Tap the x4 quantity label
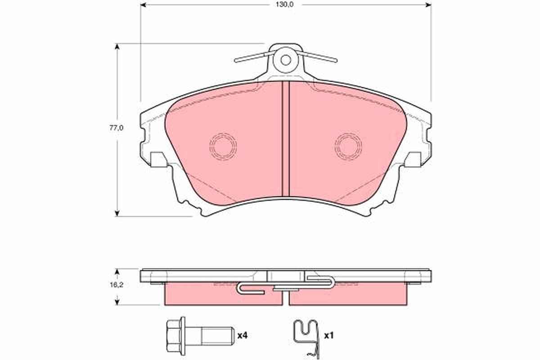coord(243,335)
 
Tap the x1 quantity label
coord(328,335)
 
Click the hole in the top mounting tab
coord(285,59)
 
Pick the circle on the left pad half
coord(223,146)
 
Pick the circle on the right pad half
coord(348,146)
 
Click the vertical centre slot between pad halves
coord(285,139)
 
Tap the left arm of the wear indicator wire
coord(252,57)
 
